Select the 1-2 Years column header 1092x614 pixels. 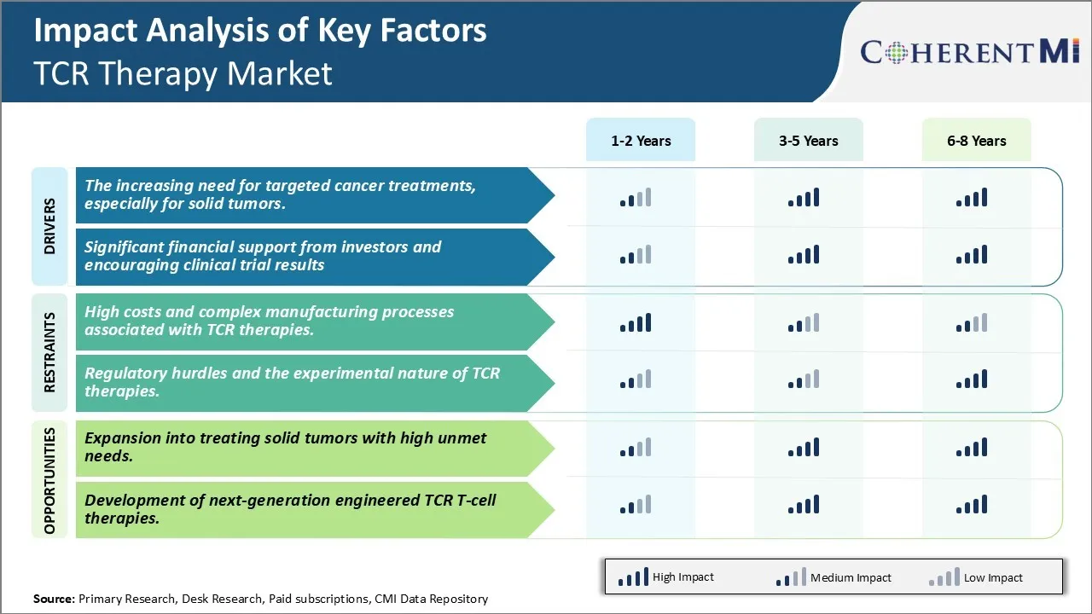tap(641, 141)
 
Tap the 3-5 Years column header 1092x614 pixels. tap(809, 141)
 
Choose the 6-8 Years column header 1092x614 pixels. tap(977, 141)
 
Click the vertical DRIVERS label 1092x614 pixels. tap(49, 226)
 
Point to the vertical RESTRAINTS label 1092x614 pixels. tap(49, 352)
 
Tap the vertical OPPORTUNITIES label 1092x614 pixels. tap(49, 480)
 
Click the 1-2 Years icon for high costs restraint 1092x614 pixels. tap(636, 322)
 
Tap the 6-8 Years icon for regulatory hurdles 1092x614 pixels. tap(972, 379)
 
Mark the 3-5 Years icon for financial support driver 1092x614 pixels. tap(804, 254)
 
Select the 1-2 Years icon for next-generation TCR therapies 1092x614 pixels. tap(636, 505)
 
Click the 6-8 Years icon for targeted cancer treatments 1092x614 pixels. tap(972, 198)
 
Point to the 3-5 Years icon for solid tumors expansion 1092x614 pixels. tap(804, 448)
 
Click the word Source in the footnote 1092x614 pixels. tap(54, 599)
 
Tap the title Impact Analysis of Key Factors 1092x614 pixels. tap(260, 31)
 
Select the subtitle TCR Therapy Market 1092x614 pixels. tap(183, 73)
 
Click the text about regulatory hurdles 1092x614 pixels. tap(292, 382)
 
